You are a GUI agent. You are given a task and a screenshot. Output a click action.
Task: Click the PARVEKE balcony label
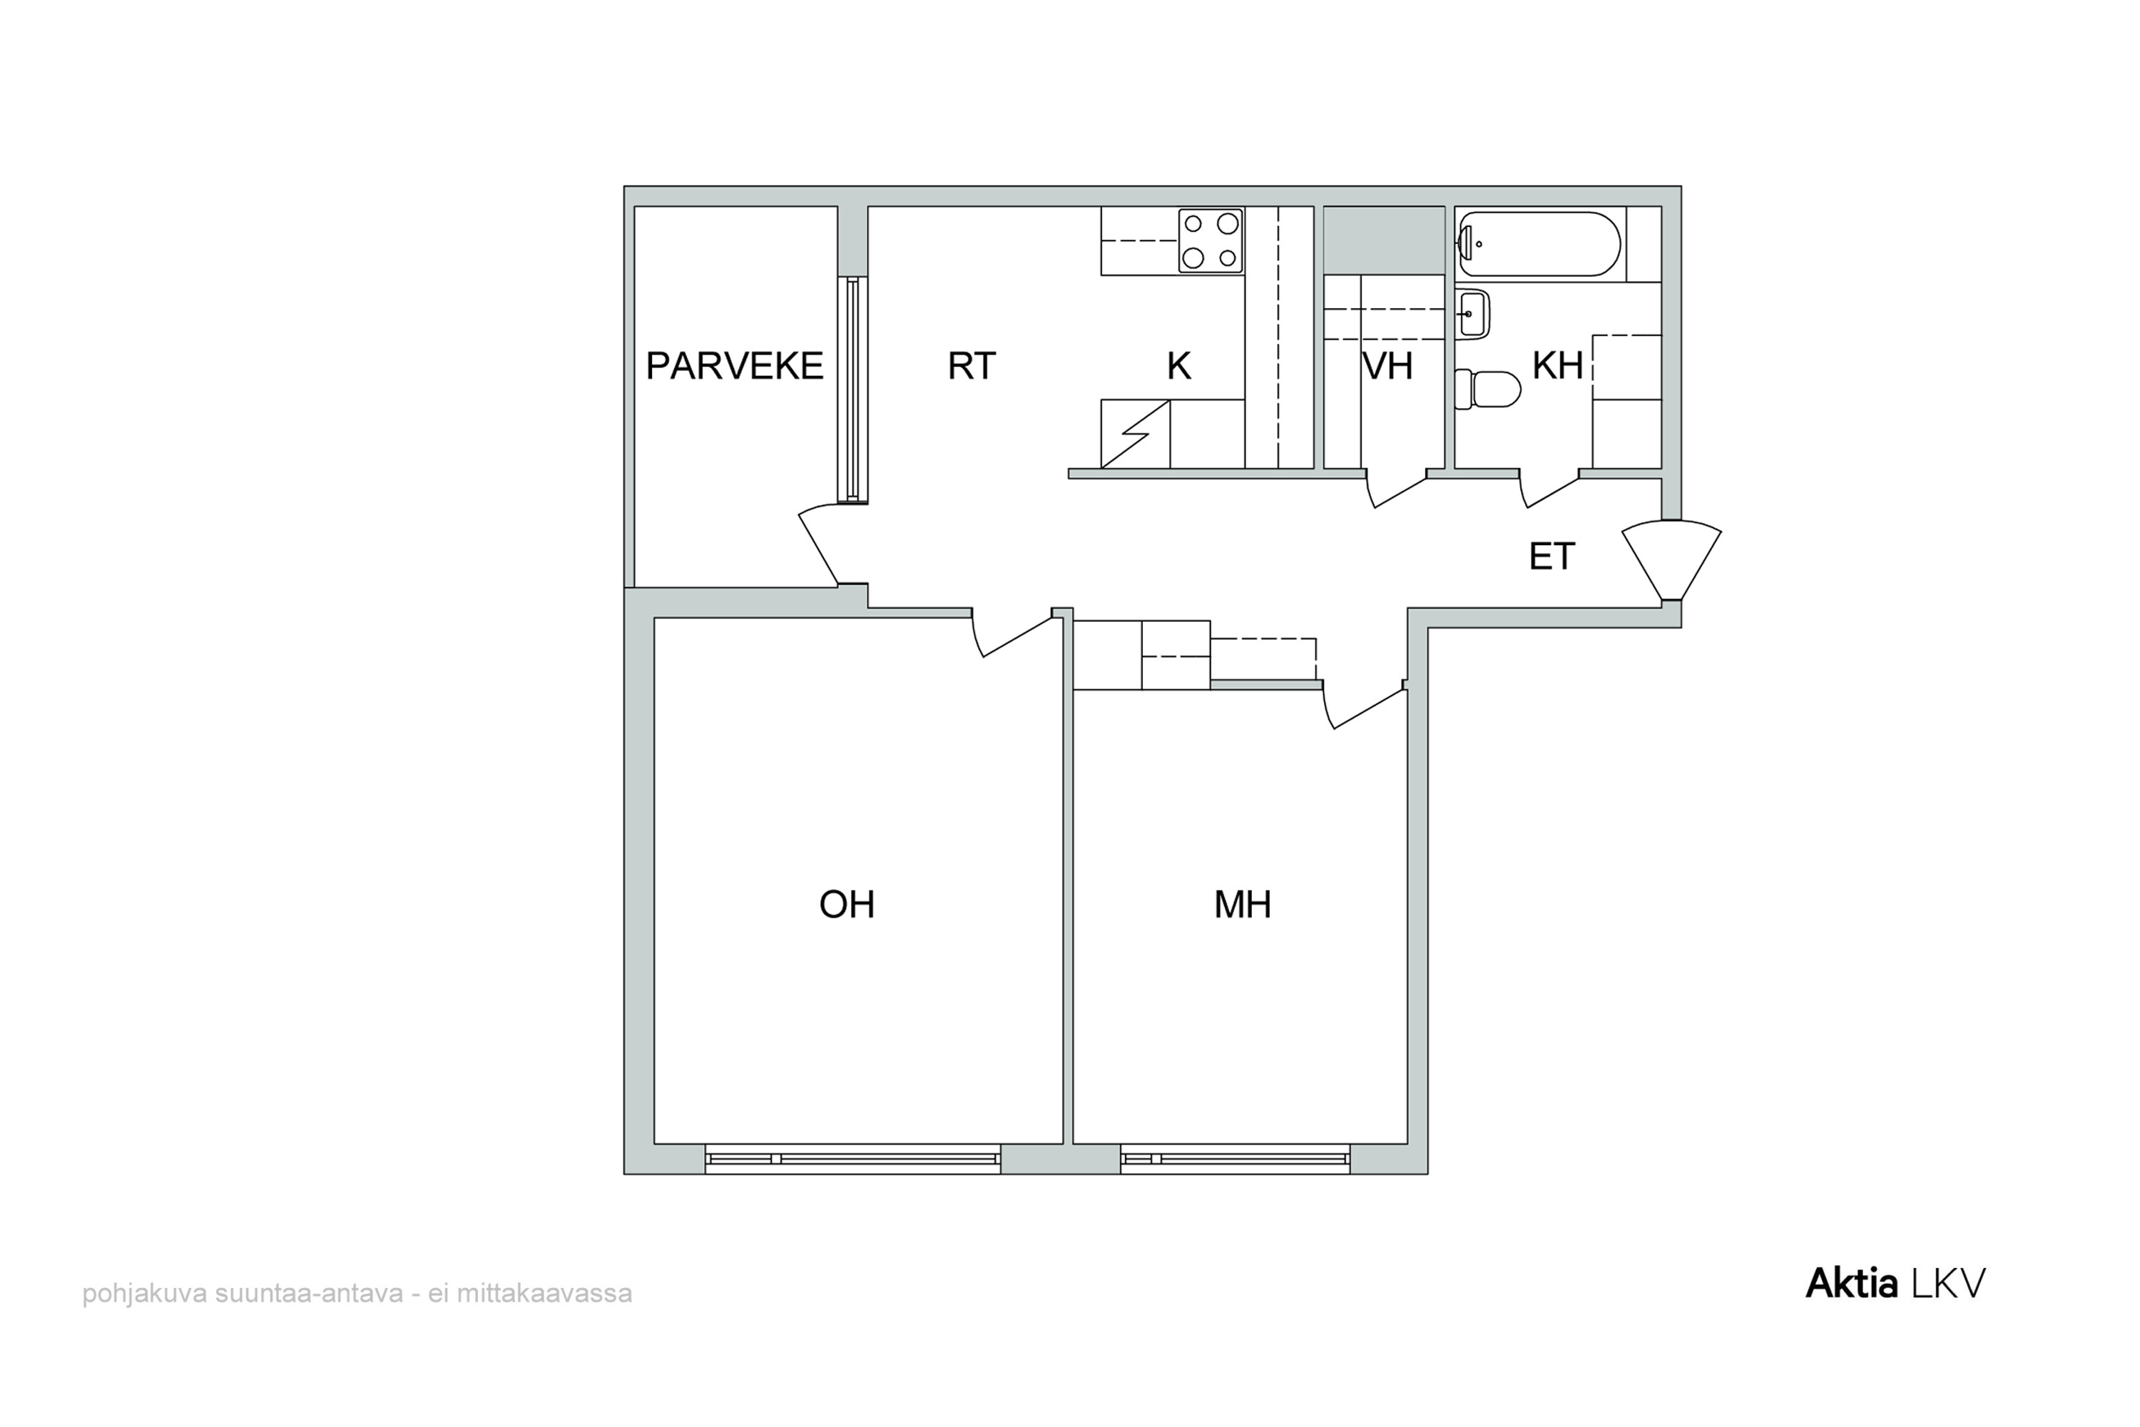click(x=734, y=366)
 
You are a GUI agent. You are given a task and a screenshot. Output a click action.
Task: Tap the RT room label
click(x=972, y=366)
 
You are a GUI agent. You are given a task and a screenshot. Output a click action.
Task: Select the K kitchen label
click(x=1178, y=366)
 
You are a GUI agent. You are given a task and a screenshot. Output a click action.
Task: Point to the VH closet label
click(x=1387, y=366)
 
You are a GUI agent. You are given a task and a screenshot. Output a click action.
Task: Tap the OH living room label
click(x=846, y=905)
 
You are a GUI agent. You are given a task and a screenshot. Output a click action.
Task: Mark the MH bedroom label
click(x=1242, y=905)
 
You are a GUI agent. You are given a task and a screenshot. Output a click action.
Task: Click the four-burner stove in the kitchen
click(x=1210, y=240)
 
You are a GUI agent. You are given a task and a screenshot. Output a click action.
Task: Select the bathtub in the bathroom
click(x=1539, y=244)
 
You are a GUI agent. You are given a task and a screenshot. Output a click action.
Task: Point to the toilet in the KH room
click(x=1487, y=390)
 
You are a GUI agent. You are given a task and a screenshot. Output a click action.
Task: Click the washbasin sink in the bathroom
click(x=1472, y=314)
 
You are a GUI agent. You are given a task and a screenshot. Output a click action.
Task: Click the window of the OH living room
click(x=852, y=1159)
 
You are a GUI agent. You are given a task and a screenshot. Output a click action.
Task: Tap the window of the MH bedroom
click(x=1235, y=1159)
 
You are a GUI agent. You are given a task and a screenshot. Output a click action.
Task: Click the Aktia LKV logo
click(x=1895, y=1283)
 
